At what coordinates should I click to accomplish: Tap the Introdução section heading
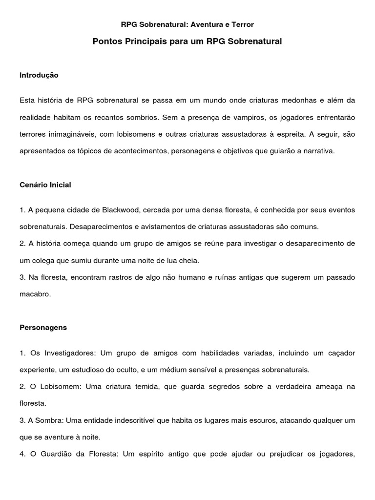point(39,75)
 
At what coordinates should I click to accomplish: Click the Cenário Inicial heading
point(45,185)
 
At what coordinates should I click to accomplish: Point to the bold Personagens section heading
point(43,328)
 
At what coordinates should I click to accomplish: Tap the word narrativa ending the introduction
point(319,151)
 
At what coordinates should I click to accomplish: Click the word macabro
point(35,294)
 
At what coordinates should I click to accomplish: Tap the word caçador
point(341,353)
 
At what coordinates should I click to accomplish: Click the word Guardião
point(61,454)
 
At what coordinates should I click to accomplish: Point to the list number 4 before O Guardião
point(22,454)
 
